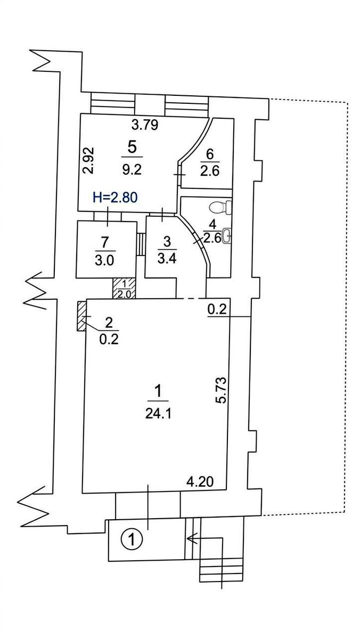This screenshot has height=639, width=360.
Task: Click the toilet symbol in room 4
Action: pyautogui.click(x=220, y=207)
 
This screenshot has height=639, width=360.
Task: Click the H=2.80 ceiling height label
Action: pyautogui.click(x=116, y=197)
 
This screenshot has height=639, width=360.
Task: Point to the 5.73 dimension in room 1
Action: pyautogui.click(x=221, y=390)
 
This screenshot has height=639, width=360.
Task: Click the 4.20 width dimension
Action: pyautogui.click(x=200, y=482)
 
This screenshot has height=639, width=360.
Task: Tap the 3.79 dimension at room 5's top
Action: pyautogui.click(x=145, y=125)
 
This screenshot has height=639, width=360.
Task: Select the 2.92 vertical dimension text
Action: pyautogui.click(x=88, y=160)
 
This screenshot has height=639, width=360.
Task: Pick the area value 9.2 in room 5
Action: pyautogui.click(x=132, y=170)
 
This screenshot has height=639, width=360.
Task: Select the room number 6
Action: pyautogui.click(x=210, y=154)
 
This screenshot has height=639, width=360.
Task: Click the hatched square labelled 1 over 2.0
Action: pyautogui.click(x=124, y=288)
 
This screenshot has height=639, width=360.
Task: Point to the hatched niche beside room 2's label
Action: pyautogui.click(x=81, y=316)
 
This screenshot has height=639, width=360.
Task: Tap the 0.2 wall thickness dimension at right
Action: pyautogui.click(x=217, y=309)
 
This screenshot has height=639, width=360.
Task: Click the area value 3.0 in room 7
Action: pyautogui.click(x=104, y=260)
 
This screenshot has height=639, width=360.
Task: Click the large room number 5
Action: pyautogui.click(x=132, y=148)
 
